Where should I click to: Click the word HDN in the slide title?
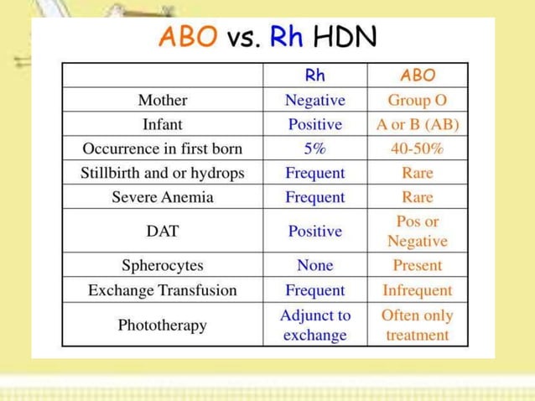[345, 37]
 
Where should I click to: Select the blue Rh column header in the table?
[315, 76]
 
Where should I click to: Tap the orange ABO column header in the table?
[418, 76]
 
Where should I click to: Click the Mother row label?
[163, 100]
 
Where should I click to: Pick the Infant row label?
[163, 124]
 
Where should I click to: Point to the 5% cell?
[315, 148]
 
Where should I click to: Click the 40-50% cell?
[418, 148]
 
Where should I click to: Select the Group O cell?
[418, 100]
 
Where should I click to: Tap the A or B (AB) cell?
[418, 124]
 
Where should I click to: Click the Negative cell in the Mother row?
[315, 100]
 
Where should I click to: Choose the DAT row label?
[163, 231]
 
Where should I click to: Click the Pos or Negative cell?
[418, 231]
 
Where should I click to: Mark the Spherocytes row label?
[163, 265]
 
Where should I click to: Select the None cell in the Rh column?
[315, 265]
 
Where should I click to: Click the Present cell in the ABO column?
[418, 265]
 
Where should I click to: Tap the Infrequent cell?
[418, 290]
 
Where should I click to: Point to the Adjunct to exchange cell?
[315, 325]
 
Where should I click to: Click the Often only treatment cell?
[418, 325]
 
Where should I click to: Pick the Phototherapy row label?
[163, 325]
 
